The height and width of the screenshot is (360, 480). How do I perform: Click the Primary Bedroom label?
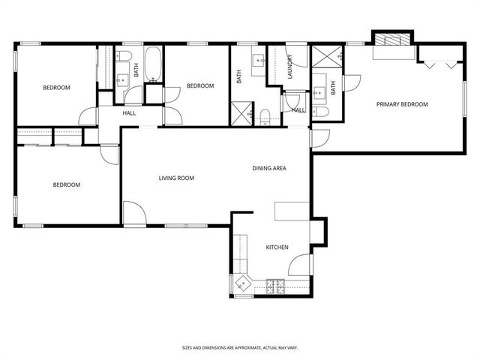click(x=402, y=104)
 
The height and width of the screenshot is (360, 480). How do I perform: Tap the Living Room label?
click(x=176, y=178)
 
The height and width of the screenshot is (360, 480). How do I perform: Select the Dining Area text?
click(x=269, y=168)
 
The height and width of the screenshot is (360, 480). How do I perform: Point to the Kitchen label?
click(x=277, y=247)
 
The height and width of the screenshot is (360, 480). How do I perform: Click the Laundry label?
click(x=290, y=67)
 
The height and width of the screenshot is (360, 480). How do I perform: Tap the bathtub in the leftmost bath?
click(x=152, y=64)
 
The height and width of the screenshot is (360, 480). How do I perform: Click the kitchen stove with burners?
click(x=275, y=286)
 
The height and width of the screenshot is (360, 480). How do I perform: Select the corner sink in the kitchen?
click(x=243, y=283)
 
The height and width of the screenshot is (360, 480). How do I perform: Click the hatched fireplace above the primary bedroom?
click(x=393, y=40)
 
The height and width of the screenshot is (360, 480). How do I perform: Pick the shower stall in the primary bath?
click(x=327, y=57)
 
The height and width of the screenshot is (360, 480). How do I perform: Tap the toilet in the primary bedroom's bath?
click(x=320, y=112)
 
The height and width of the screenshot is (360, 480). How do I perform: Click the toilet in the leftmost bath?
click(x=124, y=55)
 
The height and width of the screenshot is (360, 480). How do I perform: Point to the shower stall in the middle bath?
click(x=241, y=114)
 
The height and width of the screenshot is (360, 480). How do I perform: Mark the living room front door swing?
click(x=135, y=213)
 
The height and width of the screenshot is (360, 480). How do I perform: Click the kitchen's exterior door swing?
click(x=299, y=265)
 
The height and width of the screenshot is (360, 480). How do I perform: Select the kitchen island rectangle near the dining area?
click(x=292, y=211)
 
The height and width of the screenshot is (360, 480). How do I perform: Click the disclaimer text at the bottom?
click(x=240, y=348)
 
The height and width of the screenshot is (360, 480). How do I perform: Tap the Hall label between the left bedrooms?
click(x=129, y=113)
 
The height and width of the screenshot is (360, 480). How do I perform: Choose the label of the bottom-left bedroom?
click(x=67, y=185)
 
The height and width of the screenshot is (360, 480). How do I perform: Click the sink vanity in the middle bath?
click(x=259, y=61)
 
